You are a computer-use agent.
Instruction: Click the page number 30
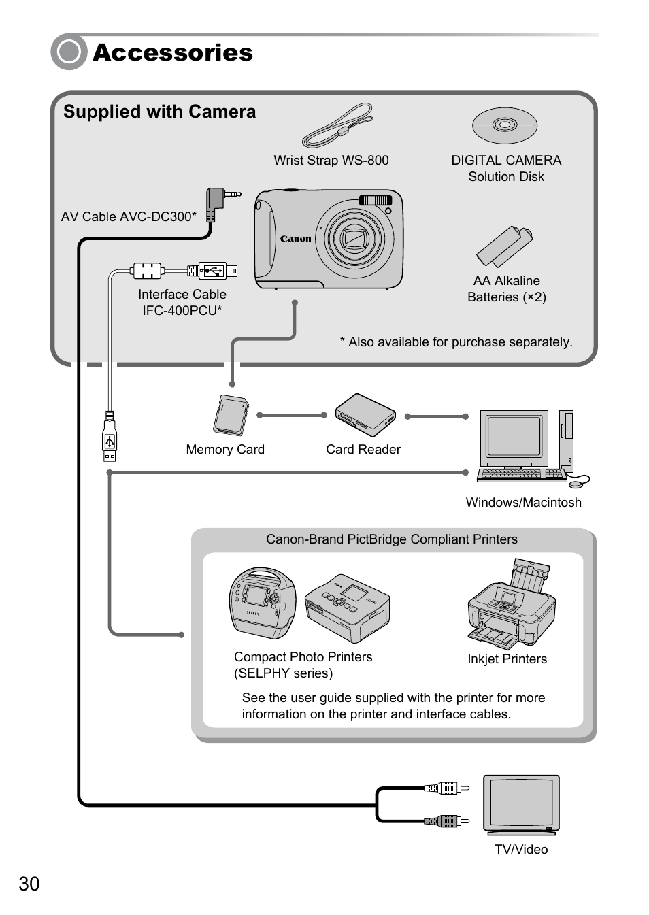[29, 884]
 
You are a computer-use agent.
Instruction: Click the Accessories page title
[173, 52]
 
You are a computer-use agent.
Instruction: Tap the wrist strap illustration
[338, 125]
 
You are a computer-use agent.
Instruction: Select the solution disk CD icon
[505, 125]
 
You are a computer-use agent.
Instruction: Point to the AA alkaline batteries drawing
[505, 246]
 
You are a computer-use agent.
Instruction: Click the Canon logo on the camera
[295, 239]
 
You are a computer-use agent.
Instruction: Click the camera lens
[355, 239]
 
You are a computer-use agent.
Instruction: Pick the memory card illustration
[231, 415]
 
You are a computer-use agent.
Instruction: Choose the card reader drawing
[365, 415]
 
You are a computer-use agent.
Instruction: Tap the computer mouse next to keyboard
[578, 484]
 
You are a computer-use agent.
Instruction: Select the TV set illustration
[521, 804]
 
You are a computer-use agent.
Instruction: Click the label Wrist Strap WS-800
[331, 161]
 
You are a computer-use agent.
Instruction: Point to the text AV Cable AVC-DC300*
[129, 217]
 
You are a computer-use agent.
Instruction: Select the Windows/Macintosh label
[523, 503]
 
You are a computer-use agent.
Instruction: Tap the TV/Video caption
[521, 850]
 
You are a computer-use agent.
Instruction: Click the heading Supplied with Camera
[160, 112]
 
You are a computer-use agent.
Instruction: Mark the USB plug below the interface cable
[110, 439]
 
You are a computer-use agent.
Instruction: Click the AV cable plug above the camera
[219, 201]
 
